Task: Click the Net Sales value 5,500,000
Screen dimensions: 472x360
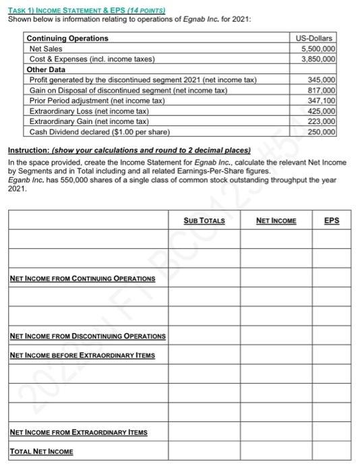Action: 318,49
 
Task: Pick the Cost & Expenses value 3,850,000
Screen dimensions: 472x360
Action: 318,59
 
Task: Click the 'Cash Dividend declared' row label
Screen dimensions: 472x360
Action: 99,131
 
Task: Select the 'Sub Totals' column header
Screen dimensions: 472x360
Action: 204,220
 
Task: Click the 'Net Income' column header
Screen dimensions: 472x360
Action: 276,220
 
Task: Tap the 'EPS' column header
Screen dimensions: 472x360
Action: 332,220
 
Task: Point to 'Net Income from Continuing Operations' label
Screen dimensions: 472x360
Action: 83,278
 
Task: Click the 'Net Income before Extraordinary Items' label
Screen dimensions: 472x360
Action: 83,355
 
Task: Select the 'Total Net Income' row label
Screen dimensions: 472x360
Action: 42,451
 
